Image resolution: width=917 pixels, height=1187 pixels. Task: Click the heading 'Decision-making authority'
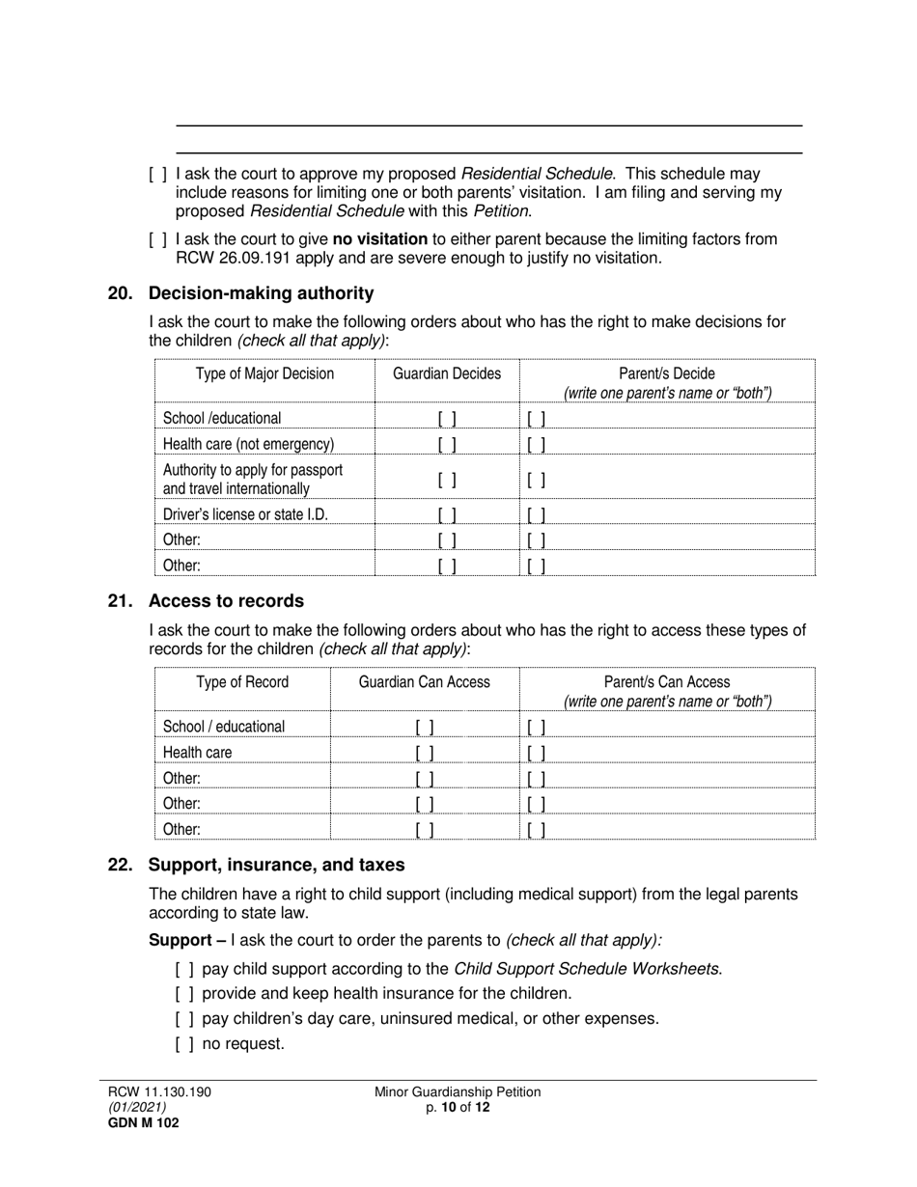[x=261, y=293]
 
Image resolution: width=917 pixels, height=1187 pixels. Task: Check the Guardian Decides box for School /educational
[x=447, y=419]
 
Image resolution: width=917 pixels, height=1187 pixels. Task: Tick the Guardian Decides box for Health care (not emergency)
[x=447, y=445]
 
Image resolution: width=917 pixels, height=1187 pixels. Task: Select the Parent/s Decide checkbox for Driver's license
[x=537, y=515]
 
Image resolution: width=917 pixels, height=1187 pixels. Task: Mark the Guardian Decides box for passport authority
[x=447, y=480]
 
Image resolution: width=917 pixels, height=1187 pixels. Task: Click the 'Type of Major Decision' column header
[x=264, y=374]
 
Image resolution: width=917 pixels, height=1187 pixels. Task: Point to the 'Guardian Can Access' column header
[x=424, y=682]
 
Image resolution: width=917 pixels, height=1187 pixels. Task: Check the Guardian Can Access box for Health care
[x=424, y=753]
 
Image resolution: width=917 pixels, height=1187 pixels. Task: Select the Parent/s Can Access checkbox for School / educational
[x=537, y=727]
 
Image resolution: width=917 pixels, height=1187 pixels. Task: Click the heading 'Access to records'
[x=226, y=601]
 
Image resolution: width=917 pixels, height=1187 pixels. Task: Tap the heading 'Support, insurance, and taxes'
[x=276, y=865]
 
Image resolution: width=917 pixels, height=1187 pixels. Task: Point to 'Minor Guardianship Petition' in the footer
[x=458, y=1092]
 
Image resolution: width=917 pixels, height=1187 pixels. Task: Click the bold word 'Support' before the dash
[x=179, y=940]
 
